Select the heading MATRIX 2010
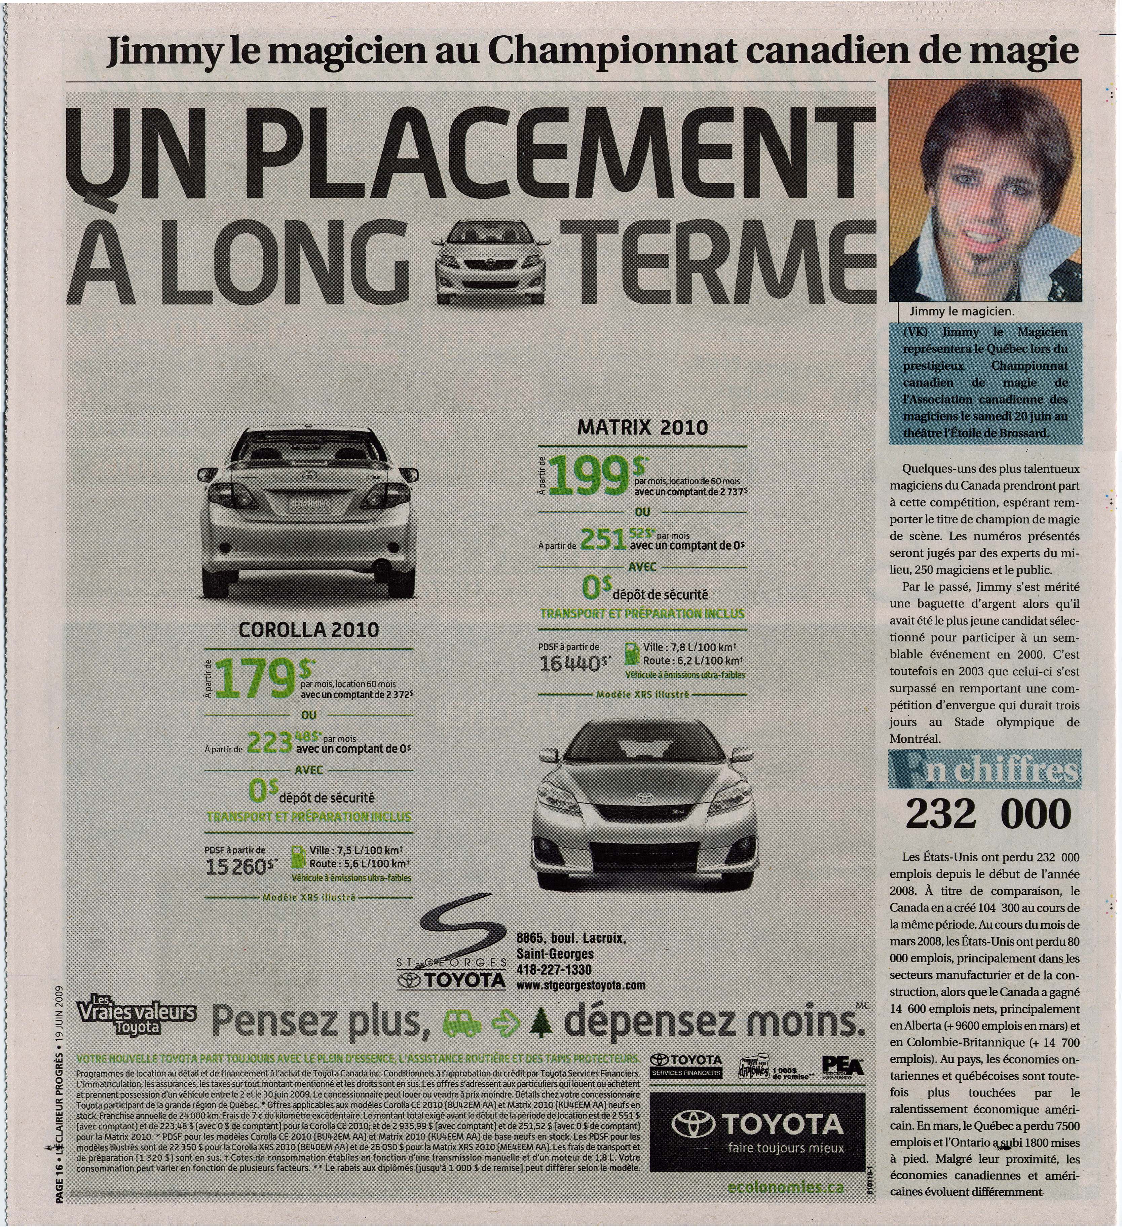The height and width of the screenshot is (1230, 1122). tap(642, 427)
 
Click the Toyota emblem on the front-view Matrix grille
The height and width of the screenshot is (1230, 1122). tap(644, 798)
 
